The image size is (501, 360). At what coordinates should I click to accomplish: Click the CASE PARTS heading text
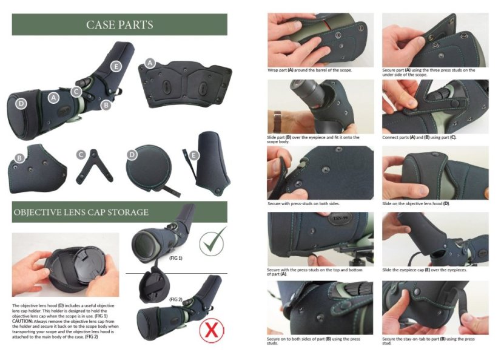tap(119, 25)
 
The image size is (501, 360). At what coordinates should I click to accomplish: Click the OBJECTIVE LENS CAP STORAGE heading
tap(81, 212)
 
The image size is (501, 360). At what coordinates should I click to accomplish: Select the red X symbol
tap(212, 330)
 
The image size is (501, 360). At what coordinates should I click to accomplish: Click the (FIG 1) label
tap(176, 258)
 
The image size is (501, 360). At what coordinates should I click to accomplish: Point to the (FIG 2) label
tap(176, 299)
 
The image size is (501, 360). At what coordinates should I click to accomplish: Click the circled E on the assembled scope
tap(116, 67)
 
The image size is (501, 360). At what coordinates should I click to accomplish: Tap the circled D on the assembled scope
tap(21, 104)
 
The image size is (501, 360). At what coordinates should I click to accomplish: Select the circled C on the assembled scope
tap(76, 92)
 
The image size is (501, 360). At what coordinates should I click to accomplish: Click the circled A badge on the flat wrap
tap(150, 63)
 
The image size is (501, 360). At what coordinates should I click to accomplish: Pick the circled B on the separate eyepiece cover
tap(19, 158)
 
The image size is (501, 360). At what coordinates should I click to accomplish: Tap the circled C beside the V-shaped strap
tap(81, 155)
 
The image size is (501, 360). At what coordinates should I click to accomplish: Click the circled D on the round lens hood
tap(132, 155)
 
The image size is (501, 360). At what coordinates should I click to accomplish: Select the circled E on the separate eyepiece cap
tap(193, 155)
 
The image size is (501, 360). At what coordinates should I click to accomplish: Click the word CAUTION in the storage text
tap(22, 321)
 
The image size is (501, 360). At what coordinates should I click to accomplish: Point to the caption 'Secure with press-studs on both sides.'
tap(303, 203)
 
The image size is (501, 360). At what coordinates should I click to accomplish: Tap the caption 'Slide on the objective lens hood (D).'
tap(416, 203)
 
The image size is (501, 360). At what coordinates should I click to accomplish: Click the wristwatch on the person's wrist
tap(277, 117)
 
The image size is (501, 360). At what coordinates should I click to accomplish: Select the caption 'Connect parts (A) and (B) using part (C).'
tap(419, 137)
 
